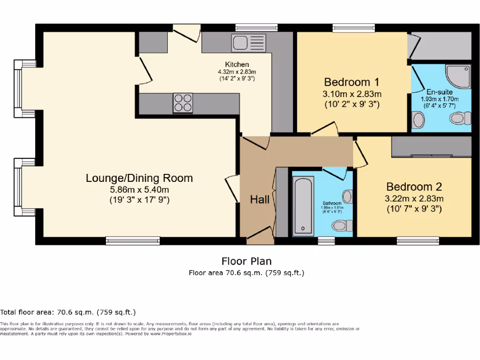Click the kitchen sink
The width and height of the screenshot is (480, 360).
[248, 43]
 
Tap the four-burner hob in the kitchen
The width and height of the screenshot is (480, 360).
[183, 103]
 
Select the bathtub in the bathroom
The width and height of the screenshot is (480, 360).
[303, 206]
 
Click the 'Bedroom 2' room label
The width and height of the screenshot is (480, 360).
[414, 187]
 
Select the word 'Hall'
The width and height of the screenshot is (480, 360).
[259, 200]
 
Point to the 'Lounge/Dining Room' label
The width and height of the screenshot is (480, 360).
[139, 178]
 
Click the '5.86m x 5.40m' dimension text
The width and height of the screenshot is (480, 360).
[139, 189]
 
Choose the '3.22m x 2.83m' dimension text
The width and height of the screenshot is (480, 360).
[414, 198]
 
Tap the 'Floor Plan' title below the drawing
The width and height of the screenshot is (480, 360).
[246, 261]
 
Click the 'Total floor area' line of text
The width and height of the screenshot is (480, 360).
[68, 312]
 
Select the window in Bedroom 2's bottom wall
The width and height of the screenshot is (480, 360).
[418, 240]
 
